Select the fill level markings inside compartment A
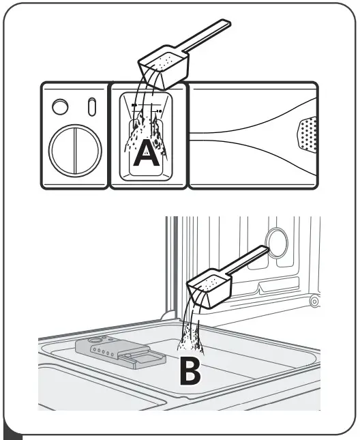coord(147,107)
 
